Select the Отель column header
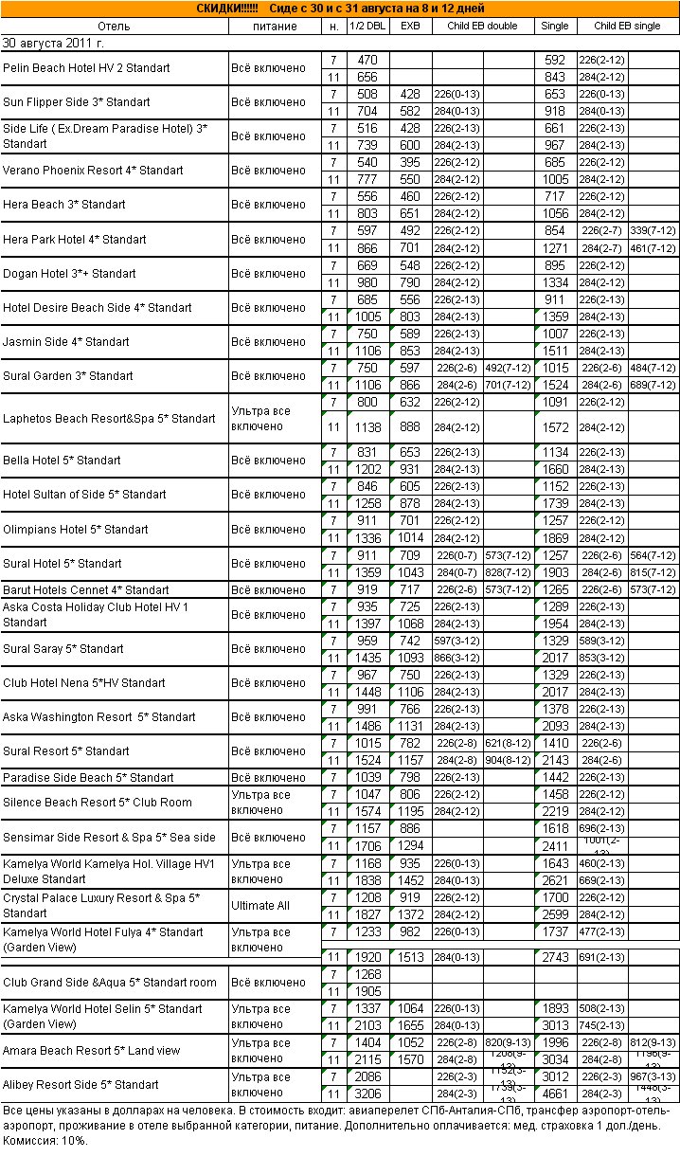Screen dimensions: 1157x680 click(x=113, y=26)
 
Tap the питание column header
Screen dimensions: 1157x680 click(x=275, y=26)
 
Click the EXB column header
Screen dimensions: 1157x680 click(x=410, y=26)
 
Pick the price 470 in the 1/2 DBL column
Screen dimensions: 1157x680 click(x=367, y=60)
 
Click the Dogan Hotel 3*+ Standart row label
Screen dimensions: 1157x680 click(x=70, y=273)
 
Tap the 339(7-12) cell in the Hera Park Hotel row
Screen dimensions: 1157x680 click(x=653, y=230)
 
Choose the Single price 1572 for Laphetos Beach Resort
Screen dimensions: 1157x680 click(x=554, y=427)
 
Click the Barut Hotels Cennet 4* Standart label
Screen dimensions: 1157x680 click(x=86, y=589)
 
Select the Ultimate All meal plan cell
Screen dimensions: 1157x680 click(x=260, y=905)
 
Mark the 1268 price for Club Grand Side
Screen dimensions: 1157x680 click(x=367, y=974)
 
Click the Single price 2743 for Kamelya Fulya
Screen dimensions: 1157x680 click(x=554, y=957)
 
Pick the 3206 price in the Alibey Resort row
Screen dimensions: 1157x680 click(x=367, y=1093)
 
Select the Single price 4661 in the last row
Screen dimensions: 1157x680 click(x=554, y=1093)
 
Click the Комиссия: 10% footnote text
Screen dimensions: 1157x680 click(x=45, y=1140)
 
